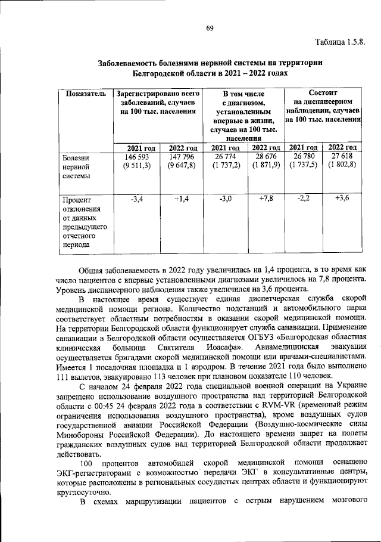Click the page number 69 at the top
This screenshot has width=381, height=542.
point(210,29)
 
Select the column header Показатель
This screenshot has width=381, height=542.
point(86,94)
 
